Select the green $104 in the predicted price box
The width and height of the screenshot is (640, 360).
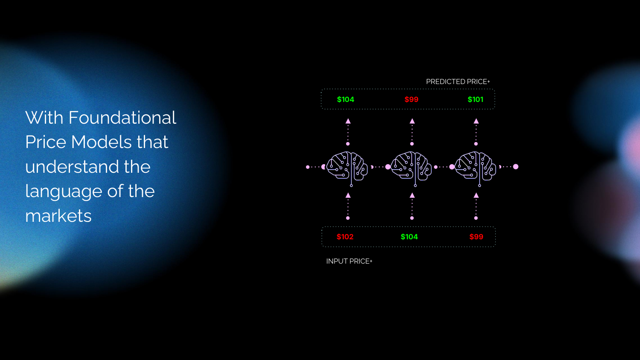pos(346,99)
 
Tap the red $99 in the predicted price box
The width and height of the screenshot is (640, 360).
pos(411,99)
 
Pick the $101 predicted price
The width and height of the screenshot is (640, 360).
pos(475,99)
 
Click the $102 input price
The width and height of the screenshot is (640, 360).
pos(345,237)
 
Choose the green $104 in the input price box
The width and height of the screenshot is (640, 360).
pos(409,237)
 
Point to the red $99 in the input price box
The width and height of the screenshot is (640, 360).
pos(476,237)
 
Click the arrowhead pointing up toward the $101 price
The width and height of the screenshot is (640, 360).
pos(476,121)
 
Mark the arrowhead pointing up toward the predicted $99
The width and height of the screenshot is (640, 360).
pos(412,121)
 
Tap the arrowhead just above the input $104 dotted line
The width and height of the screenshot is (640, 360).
pos(412,195)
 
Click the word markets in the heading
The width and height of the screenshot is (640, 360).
pos(58,216)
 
